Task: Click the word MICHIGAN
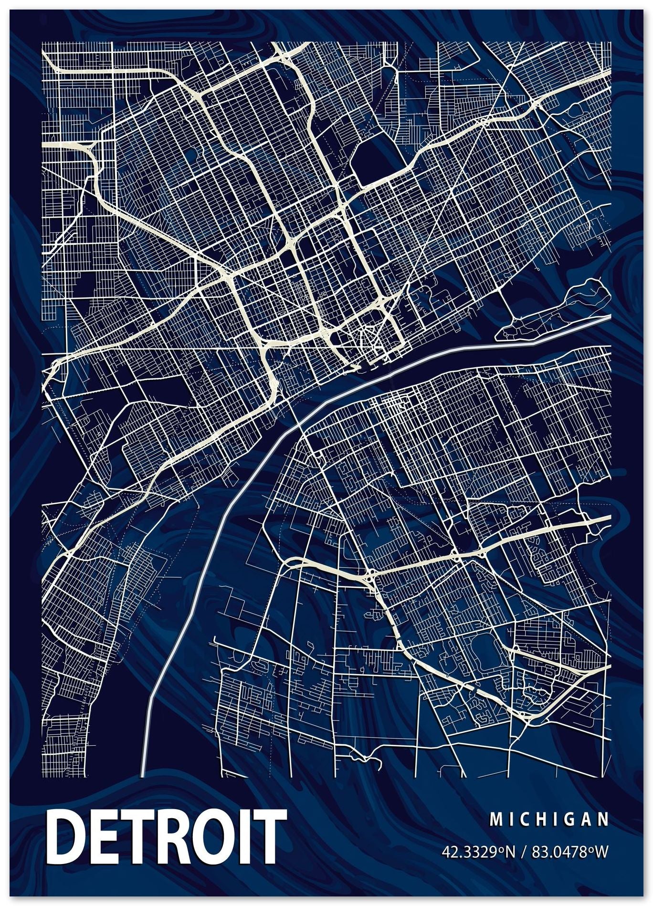click(x=549, y=807)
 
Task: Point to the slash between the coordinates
click(x=523, y=838)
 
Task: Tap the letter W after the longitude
click(x=603, y=838)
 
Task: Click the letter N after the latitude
click(x=510, y=838)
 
